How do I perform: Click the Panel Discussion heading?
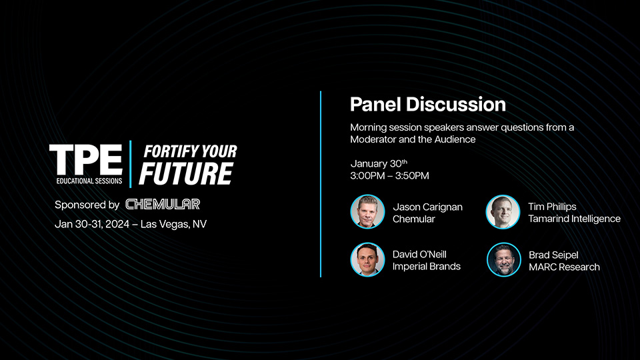427,105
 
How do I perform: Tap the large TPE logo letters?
85,159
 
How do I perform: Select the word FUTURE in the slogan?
185,173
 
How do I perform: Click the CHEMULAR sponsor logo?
163,204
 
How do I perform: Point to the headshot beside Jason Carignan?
367,212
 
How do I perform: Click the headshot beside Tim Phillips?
503,212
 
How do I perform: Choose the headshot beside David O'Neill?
367,259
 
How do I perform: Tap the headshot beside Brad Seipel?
503,260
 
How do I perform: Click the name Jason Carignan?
427,207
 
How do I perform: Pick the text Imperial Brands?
426,267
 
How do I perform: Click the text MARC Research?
563,267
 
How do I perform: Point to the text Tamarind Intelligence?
573,219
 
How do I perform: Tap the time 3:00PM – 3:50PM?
389,176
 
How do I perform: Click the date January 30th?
378,164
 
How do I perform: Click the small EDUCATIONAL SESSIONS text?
89,181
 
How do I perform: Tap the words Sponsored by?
87,205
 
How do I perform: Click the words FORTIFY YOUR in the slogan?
190,151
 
